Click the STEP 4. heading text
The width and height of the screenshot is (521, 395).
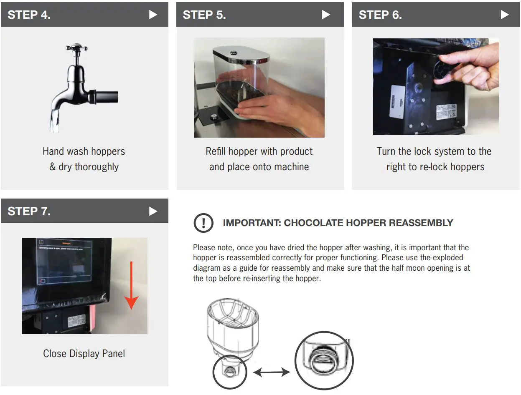tap(29, 15)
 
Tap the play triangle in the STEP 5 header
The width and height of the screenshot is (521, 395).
tap(326, 15)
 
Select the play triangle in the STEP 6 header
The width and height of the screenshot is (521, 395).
tap(505, 15)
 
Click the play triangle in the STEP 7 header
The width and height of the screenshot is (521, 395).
tap(153, 211)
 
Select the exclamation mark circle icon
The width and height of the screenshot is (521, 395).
tap(203, 223)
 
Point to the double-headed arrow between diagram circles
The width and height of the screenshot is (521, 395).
tap(272, 372)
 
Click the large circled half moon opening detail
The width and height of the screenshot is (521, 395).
tap(324, 360)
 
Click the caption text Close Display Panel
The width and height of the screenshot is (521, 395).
tap(84, 354)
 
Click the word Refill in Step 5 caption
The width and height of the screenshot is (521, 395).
tap(216, 151)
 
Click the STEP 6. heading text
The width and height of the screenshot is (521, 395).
tap(380, 15)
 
